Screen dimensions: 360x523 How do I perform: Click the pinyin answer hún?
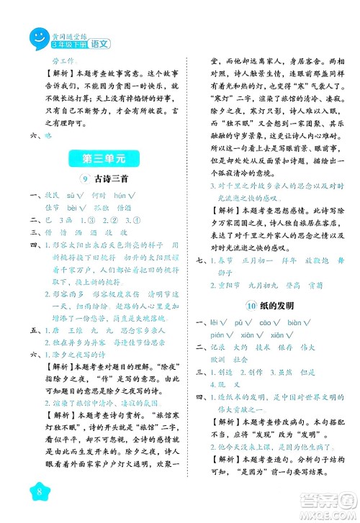point(120,195)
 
